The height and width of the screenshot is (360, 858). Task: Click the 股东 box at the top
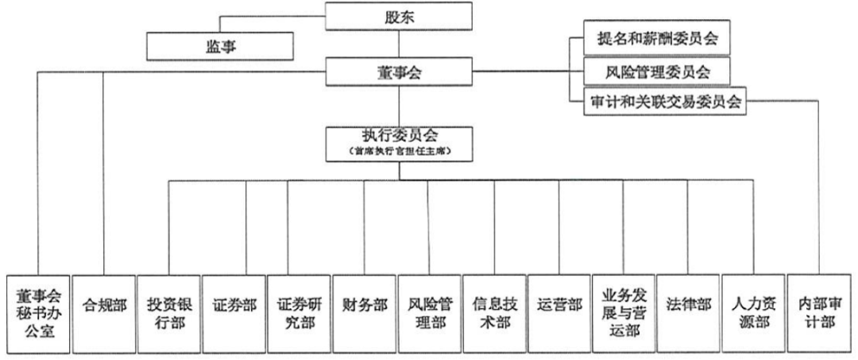(x=399, y=16)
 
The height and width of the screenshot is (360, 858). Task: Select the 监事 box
(x=221, y=46)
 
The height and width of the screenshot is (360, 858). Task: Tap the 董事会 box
(x=399, y=72)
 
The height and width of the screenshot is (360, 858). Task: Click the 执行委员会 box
(x=399, y=145)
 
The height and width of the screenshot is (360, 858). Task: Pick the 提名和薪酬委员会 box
(x=657, y=39)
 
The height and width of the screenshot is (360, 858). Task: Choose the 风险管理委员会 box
(x=657, y=71)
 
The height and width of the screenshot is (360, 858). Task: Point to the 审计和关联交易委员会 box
(x=665, y=101)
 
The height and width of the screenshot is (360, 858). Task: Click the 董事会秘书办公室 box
(x=38, y=314)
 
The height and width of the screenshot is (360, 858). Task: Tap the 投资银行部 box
(x=168, y=314)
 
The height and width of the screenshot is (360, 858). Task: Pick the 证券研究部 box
(x=299, y=314)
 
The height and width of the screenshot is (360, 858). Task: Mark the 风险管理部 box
(x=429, y=314)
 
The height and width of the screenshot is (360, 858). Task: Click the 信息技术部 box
(x=494, y=314)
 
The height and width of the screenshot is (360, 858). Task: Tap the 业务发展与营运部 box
(x=624, y=314)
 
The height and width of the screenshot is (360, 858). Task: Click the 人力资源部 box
(x=754, y=314)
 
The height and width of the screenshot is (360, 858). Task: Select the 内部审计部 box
(x=819, y=314)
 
